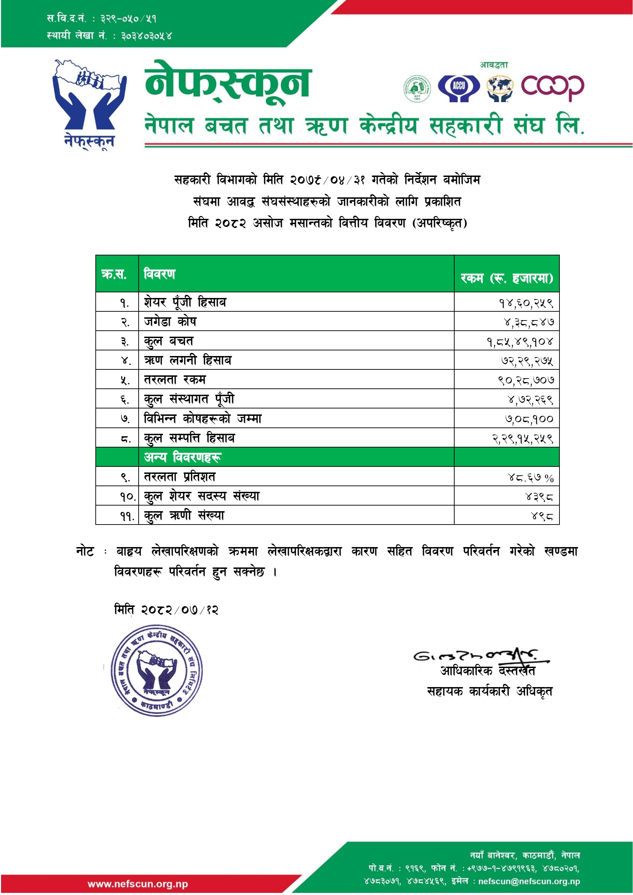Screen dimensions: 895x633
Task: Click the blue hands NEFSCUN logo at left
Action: click(x=89, y=103)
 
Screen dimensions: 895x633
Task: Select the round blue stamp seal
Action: click(x=157, y=670)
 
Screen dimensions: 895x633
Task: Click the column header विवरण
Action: click(x=159, y=274)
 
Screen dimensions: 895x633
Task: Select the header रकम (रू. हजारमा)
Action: click(x=506, y=278)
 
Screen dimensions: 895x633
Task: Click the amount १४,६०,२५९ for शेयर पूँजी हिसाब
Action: click(x=526, y=303)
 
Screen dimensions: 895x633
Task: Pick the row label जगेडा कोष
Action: click(x=170, y=322)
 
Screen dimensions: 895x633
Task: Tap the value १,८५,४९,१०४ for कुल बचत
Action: click(x=520, y=342)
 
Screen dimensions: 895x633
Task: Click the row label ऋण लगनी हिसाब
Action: click(x=188, y=360)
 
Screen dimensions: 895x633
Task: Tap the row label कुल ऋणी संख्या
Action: click(x=184, y=515)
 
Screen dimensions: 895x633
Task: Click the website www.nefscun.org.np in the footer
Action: click(x=138, y=884)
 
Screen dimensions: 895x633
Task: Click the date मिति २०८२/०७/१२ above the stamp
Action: click(x=166, y=609)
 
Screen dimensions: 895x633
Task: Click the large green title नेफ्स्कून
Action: click(x=228, y=83)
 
